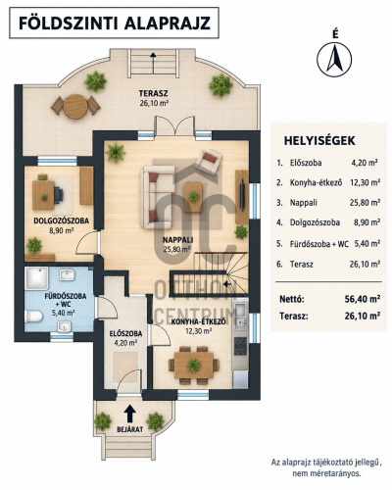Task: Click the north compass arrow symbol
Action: tap(334, 60)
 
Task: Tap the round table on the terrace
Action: tap(75, 106)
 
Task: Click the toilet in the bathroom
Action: tap(33, 317)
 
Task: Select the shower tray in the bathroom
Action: tap(36, 278)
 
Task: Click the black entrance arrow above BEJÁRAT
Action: tap(130, 414)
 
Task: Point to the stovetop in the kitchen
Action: tap(240, 346)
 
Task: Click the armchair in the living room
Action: tap(208, 162)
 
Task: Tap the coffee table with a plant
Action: tap(193, 197)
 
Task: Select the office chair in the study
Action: tap(59, 195)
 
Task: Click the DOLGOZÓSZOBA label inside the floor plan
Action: tap(62, 220)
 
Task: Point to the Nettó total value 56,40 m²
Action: tap(363, 299)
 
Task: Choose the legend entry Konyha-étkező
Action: tap(316, 182)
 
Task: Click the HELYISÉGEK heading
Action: tap(319, 141)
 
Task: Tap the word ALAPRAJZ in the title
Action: tap(168, 24)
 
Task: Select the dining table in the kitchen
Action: tap(193, 366)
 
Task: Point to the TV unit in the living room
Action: tap(241, 197)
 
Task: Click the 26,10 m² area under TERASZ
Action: tap(153, 103)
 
